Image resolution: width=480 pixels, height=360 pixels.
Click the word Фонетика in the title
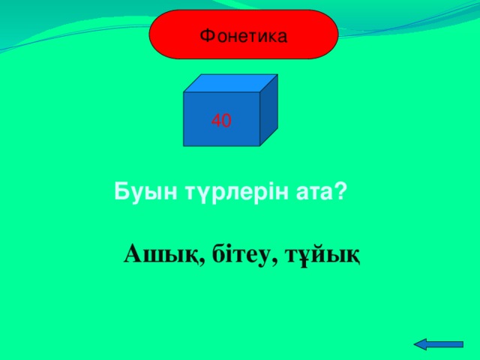[244, 34]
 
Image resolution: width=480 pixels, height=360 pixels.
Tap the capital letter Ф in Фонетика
[205, 34]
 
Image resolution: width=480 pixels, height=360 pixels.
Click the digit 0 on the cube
[226, 120]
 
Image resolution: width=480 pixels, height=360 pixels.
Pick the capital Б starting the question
[120, 192]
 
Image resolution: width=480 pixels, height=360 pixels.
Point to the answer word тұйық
[325, 255]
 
